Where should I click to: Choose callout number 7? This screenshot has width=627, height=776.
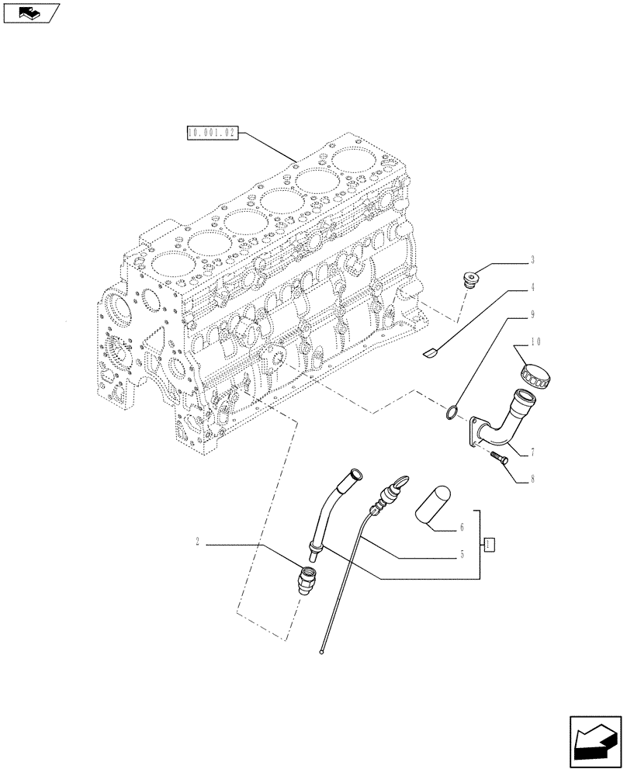(x=532, y=451)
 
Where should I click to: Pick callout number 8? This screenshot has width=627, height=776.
(x=532, y=480)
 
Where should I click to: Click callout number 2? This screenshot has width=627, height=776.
(x=199, y=544)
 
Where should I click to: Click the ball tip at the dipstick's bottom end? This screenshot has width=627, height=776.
(x=321, y=652)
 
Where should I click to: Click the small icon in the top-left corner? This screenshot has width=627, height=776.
(x=31, y=12)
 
